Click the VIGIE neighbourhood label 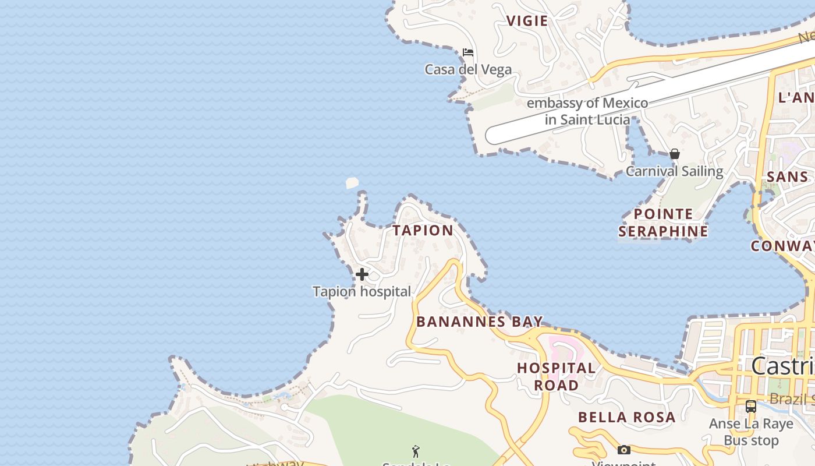pyautogui.click(x=527, y=22)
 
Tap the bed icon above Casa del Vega pyautogui.click(x=468, y=52)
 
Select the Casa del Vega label pyautogui.click(x=468, y=70)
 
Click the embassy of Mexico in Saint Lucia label pyautogui.click(x=587, y=111)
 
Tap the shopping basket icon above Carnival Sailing pyautogui.click(x=674, y=154)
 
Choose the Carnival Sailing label pyautogui.click(x=674, y=171)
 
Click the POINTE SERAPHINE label pyautogui.click(x=663, y=223)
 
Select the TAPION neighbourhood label pyautogui.click(x=423, y=231)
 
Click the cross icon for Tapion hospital pyautogui.click(x=362, y=274)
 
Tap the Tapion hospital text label pyautogui.click(x=362, y=291)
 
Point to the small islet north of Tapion pyautogui.click(x=352, y=183)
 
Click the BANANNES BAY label pyautogui.click(x=480, y=322)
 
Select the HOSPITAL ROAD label pyautogui.click(x=557, y=376)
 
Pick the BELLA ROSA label pyautogui.click(x=626, y=417)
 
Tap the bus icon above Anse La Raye pyautogui.click(x=751, y=407)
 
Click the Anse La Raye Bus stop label pyautogui.click(x=751, y=432)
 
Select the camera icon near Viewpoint pyautogui.click(x=623, y=450)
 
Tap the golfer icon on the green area pyautogui.click(x=416, y=451)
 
